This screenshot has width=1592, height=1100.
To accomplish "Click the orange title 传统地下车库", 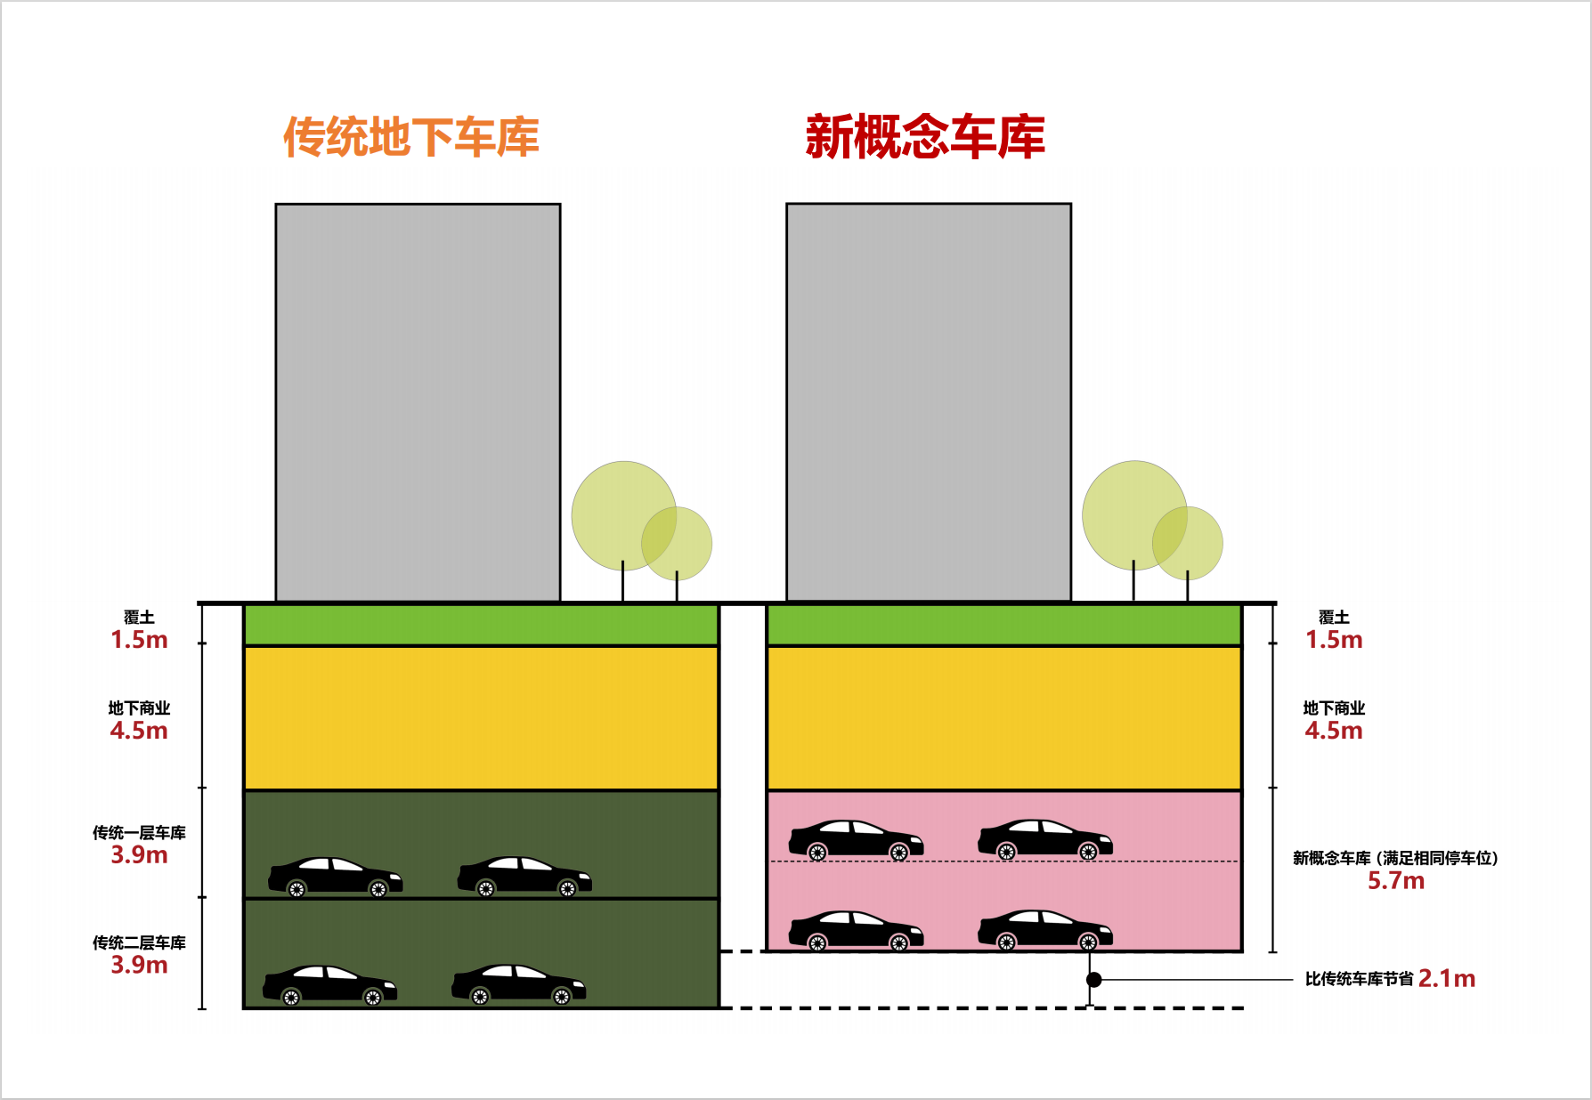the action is pyautogui.click(x=411, y=137).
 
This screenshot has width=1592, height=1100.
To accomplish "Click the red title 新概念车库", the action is pyautogui.click(x=925, y=137).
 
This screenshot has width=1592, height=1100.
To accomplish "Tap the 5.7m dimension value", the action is pyautogui.click(x=1396, y=881).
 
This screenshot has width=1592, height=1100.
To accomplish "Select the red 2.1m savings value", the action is pyautogui.click(x=1447, y=979).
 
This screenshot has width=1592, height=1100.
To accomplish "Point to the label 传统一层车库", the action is pyautogui.click(x=139, y=833).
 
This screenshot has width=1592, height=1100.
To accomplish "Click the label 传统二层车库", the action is pyautogui.click(x=139, y=942).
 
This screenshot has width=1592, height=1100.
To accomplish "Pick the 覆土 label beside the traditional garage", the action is pyautogui.click(x=139, y=617).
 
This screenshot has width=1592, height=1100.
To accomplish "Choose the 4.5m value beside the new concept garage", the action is pyautogui.click(x=1334, y=731).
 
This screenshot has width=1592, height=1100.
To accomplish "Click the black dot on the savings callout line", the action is pyautogui.click(x=1094, y=980).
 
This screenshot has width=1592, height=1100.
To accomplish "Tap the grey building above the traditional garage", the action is pyautogui.click(x=418, y=402).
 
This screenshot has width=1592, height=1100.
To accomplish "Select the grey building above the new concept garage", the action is pyautogui.click(x=929, y=402).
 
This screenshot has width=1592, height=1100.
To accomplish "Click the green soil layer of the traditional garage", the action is pyautogui.click(x=481, y=625).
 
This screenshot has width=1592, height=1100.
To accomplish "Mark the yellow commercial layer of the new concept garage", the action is pyautogui.click(x=1004, y=718).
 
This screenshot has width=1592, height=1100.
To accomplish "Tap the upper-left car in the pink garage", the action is pyautogui.click(x=856, y=840).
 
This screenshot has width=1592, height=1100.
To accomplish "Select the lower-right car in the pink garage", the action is pyautogui.click(x=1045, y=931).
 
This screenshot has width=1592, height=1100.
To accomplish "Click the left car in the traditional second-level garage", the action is pyautogui.click(x=329, y=985).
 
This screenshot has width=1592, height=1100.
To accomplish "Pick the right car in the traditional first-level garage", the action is pyautogui.click(x=524, y=877).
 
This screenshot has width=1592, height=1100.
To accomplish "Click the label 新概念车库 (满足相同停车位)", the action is pyautogui.click(x=1396, y=859).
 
